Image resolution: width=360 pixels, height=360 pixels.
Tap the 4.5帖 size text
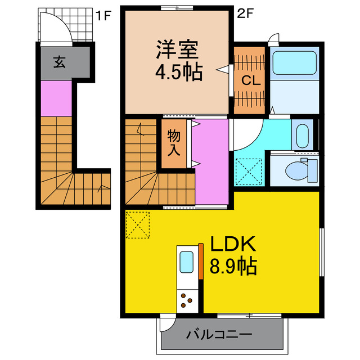click(177, 73)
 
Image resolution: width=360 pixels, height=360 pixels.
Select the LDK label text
click(233, 244)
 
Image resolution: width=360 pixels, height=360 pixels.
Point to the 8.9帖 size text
click(233, 265)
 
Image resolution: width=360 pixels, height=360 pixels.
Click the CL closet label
click(250, 80)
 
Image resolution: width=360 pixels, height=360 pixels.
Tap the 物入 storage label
click(174, 143)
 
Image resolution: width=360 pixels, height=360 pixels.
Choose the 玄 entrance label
click(59, 62)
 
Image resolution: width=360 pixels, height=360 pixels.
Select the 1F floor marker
click(103, 15)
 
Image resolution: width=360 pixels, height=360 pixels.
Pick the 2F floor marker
click(245, 15)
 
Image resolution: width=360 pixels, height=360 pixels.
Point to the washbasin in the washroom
click(302, 136)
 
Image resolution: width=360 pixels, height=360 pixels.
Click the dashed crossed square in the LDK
click(138, 224)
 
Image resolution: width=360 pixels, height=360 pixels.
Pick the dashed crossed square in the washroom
click(247, 170)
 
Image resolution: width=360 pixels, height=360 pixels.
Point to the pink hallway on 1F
click(56, 99)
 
